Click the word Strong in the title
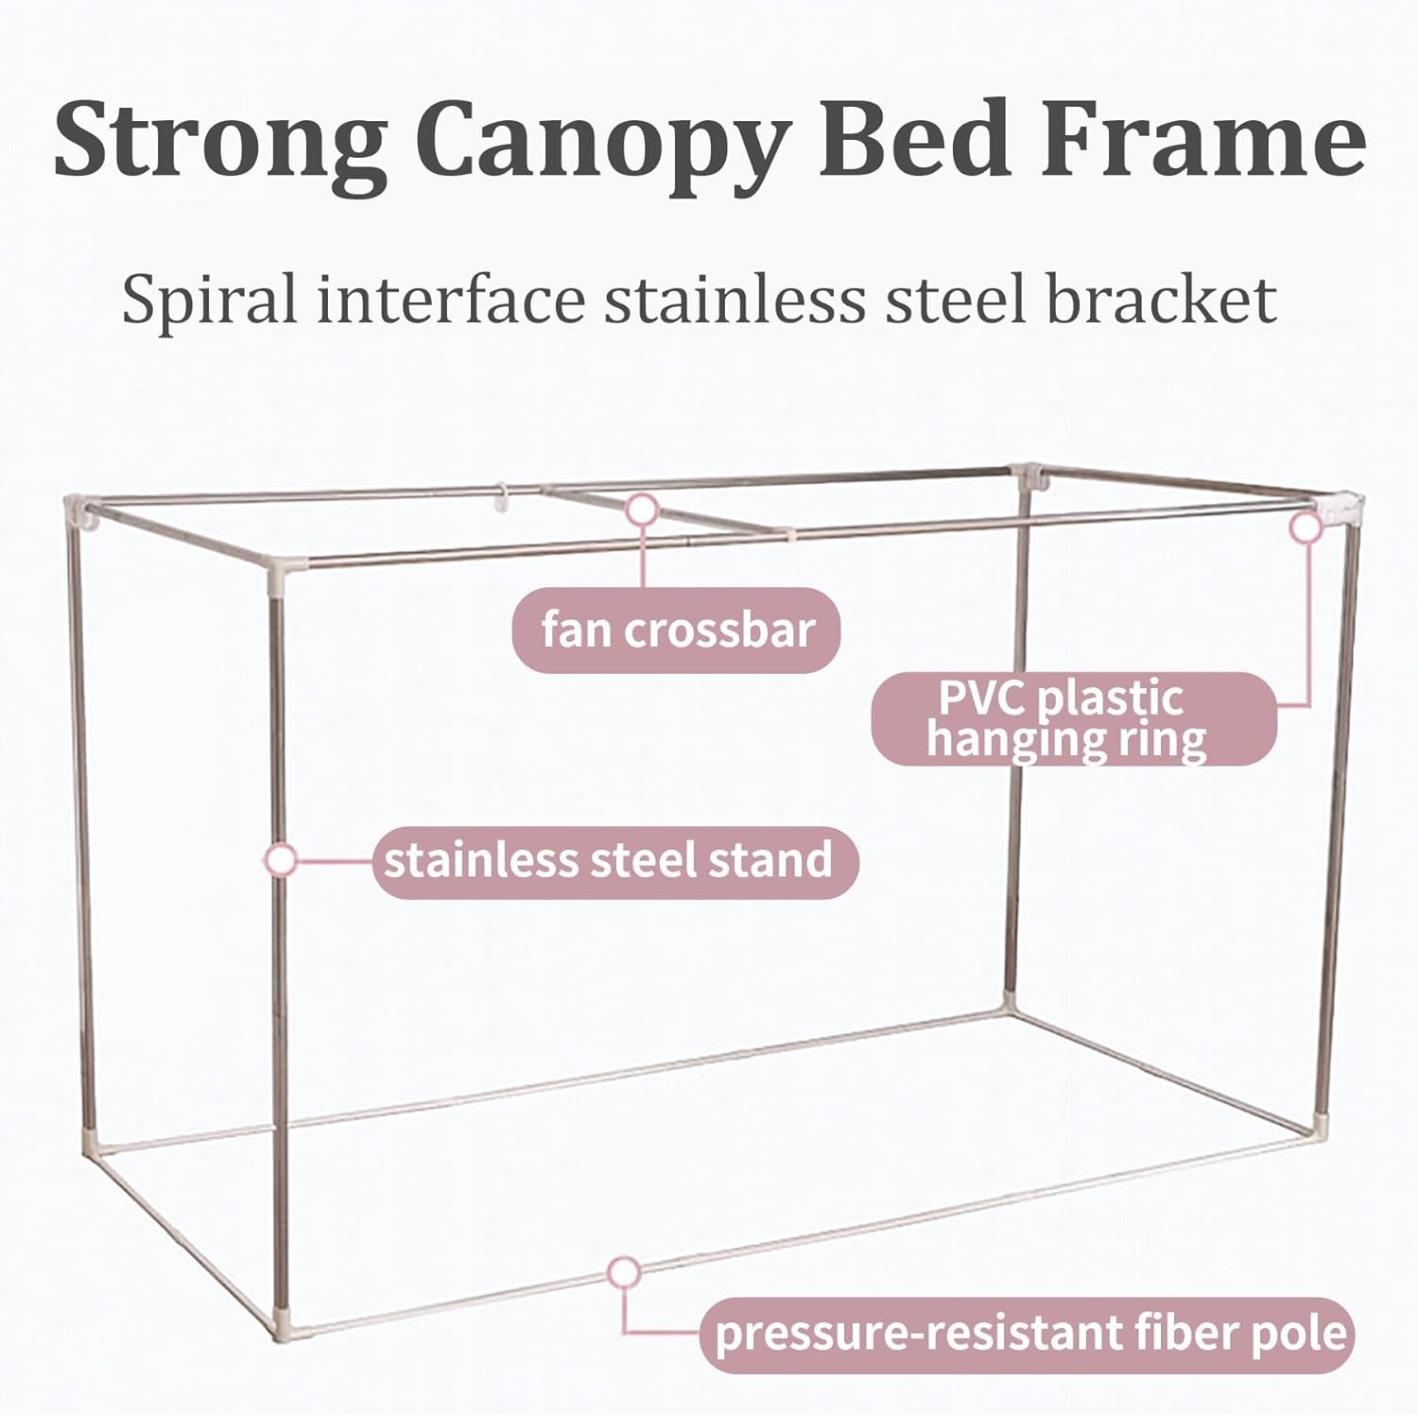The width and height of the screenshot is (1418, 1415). tap(220, 139)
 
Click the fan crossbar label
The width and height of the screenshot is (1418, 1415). tap(677, 630)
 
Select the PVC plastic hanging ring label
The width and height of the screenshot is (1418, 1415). tap(1073, 719)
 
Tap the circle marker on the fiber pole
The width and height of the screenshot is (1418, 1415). tap(624, 1273)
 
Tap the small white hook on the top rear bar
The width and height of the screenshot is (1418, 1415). tap(504, 497)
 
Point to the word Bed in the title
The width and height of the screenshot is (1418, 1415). tap(915, 139)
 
